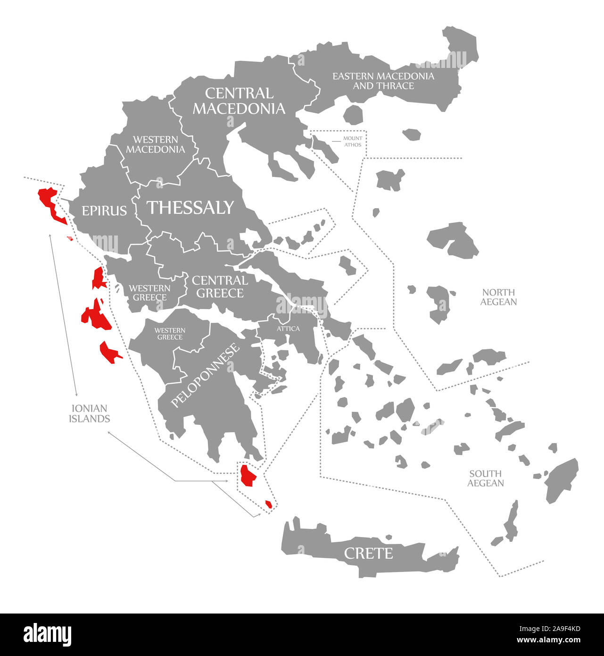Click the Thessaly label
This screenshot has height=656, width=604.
(190, 208)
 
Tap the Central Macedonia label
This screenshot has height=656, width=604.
(239, 101)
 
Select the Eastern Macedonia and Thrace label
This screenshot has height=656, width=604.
(383, 81)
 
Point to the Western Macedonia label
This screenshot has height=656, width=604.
(155, 144)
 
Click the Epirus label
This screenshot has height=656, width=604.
(104, 210)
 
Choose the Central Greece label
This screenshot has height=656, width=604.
(220, 287)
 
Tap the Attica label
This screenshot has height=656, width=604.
(288, 328)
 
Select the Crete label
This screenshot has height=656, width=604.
(368, 553)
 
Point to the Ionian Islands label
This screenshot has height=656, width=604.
(89, 413)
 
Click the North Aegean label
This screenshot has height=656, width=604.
(498, 297)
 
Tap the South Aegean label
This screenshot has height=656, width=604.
(485, 478)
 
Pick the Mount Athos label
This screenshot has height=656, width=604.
(352, 142)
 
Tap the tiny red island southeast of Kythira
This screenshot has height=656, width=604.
(268, 504)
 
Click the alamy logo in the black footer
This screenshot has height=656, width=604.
(47, 634)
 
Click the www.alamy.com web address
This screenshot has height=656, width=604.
(548, 640)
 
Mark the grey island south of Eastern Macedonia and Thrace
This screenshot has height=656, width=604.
(353, 115)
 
